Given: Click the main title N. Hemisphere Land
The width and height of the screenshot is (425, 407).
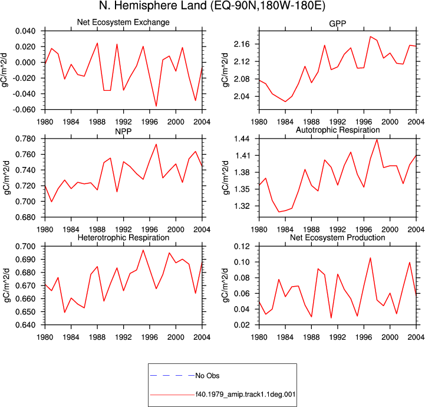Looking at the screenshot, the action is pyautogui.click(x=153, y=5).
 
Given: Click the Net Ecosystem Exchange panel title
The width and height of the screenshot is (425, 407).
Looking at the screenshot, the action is pyautogui.click(x=123, y=22).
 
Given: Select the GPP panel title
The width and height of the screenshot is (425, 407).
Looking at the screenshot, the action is pyautogui.click(x=337, y=24).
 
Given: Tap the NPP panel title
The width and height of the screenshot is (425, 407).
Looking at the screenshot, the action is pyautogui.click(x=123, y=132).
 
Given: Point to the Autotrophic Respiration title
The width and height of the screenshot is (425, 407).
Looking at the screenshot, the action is pyautogui.click(x=338, y=130).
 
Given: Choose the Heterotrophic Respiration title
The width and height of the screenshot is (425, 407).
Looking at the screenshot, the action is pyautogui.click(x=123, y=238).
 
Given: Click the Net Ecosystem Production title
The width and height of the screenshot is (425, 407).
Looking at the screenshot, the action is pyautogui.click(x=338, y=238).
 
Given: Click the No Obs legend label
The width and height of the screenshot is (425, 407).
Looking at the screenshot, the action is pyautogui.click(x=207, y=376).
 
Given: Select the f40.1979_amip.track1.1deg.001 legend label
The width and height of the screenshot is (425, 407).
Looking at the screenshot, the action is pyautogui.click(x=246, y=394).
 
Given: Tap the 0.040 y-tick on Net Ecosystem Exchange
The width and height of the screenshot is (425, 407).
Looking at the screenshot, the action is pyautogui.click(x=25, y=31).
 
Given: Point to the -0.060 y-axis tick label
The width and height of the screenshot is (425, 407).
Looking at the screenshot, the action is pyautogui.click(x=24, y=110).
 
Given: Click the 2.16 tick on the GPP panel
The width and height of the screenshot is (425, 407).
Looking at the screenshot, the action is pyautogui.click(x=242, y=44).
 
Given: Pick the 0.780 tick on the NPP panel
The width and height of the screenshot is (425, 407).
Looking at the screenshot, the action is pyautogui.click(x=25, y=139).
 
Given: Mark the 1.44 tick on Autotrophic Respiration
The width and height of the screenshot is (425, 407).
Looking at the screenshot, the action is pyautogui.click(x=242, y=139).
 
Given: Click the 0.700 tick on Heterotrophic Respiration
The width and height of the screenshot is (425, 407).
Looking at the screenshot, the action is pyautogui.click(x=25, y=247).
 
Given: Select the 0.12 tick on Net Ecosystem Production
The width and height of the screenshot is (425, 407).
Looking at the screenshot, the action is pyautogui.click(x=242, y=247).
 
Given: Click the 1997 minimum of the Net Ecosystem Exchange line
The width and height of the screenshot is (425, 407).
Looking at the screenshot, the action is pyautogui.click(x=156, y=106).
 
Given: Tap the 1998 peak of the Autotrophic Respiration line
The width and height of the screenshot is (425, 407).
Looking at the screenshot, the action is pyautogui.click(x=377, y=139).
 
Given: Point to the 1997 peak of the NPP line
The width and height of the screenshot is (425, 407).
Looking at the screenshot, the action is pyautogui.click(x=156, y=145).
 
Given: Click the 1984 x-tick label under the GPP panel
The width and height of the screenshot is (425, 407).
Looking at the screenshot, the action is pyautogui.click(x=285, y=122).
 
